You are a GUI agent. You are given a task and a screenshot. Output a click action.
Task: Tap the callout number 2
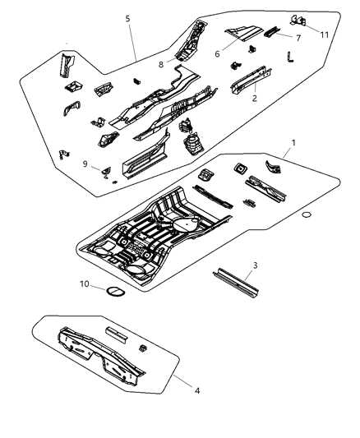(x=255, y=97)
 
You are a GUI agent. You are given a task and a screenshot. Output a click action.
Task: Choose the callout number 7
(x=298, y=39)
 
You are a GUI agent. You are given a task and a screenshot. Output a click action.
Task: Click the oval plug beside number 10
(x=113, y=289)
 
